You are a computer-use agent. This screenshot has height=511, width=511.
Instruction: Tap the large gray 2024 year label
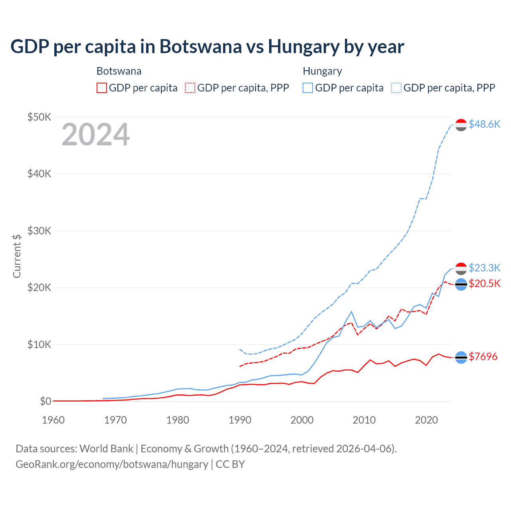click(95, 135)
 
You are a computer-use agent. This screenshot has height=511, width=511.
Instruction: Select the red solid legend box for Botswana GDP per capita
click(102, 88)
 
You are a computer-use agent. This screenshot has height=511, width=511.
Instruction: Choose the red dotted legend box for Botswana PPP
click(190, 88)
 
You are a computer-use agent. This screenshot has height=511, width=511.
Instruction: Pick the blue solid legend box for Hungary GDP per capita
click(308, 88)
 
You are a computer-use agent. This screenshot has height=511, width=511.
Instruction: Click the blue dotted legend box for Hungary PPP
click(396, 88)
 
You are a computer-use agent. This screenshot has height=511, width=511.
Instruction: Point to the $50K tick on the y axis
click(39, 117)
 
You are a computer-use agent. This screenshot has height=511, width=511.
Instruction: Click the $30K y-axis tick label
click(39, 231)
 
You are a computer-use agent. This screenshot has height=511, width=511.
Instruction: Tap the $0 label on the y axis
click(46, 401)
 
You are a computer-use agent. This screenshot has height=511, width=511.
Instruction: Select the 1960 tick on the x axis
click(53, 420)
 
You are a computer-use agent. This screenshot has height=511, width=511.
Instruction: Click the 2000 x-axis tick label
click(302, 420)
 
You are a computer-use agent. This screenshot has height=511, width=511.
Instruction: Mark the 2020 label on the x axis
click(426, 420)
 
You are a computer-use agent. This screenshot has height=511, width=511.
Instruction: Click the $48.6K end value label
click(484, 124)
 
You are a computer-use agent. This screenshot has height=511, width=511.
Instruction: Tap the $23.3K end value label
click(484, 267)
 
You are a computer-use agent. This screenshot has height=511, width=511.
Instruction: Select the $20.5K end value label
click(484, 283)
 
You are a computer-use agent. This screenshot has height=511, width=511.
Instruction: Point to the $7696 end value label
click(483, 357)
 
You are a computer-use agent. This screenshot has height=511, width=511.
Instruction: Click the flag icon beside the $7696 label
click(461, 357)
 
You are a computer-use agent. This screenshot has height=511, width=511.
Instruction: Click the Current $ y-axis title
click(17, 256)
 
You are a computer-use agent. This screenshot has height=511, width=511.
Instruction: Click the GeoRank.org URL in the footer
click(112, 464)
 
